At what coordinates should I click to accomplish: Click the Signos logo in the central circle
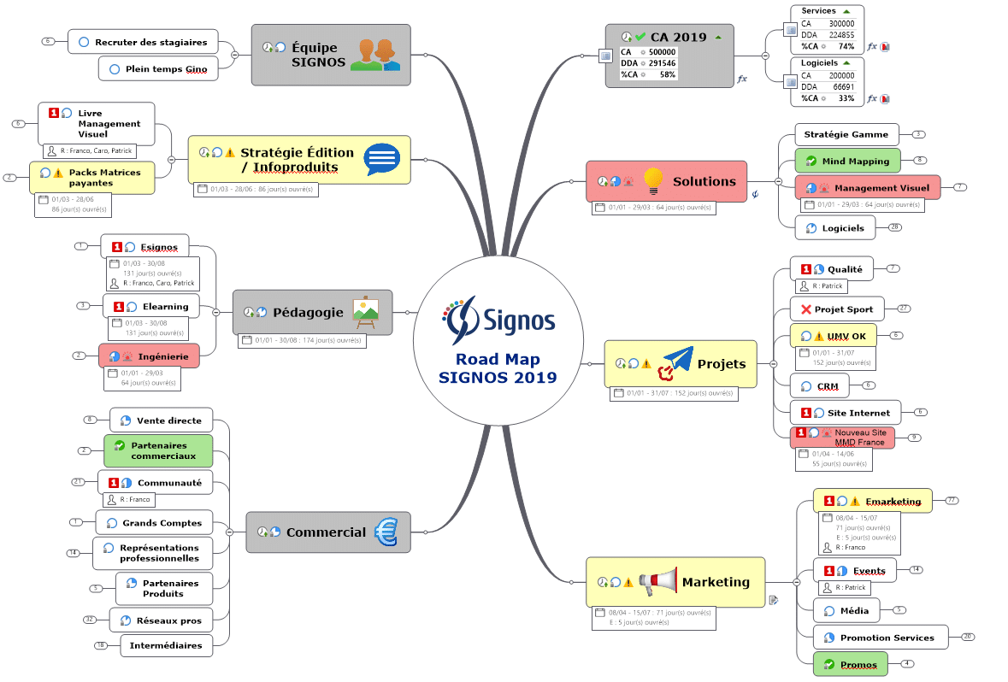[498, 319]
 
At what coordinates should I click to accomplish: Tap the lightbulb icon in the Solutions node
[653, 181]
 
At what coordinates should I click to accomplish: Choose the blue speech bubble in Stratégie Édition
[381, 159]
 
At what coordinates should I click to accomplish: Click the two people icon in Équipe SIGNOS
[375, 55]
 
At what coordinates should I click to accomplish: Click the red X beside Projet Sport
[805, 309]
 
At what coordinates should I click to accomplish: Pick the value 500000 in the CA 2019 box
[662, 52]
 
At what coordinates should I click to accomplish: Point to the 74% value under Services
[846, 46]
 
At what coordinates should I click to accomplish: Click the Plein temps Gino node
[158, 68]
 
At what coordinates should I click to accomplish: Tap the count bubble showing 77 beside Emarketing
[951, 500]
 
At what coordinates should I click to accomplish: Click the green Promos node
[850, 664]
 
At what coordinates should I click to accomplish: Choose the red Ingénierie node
[149, 356]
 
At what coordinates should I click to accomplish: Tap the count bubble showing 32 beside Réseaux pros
[90, 620]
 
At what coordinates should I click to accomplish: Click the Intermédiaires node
[166, 645]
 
